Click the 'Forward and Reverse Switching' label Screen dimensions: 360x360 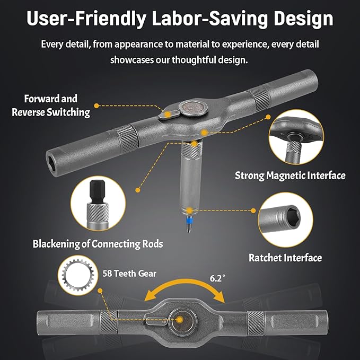[51, 106]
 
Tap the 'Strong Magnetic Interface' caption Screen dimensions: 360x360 [290, 175]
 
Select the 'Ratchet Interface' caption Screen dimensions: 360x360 [285, 258]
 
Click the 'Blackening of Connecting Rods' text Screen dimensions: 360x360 [98, 244]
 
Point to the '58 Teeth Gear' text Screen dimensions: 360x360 [129, 274]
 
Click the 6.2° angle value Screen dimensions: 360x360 [217, 278]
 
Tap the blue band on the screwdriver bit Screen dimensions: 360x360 [189, 220]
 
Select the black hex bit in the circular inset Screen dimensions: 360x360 [97, 191]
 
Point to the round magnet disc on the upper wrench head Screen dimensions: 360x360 [193, 107]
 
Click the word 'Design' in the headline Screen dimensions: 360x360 [303, 19]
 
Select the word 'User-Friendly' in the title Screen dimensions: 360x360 [86, 19]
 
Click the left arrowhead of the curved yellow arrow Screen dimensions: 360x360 [149, 296]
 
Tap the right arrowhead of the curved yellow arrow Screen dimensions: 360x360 [219, 297]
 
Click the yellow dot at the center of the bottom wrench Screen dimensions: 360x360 [180, 320]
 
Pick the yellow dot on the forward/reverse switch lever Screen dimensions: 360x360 [168, 115]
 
